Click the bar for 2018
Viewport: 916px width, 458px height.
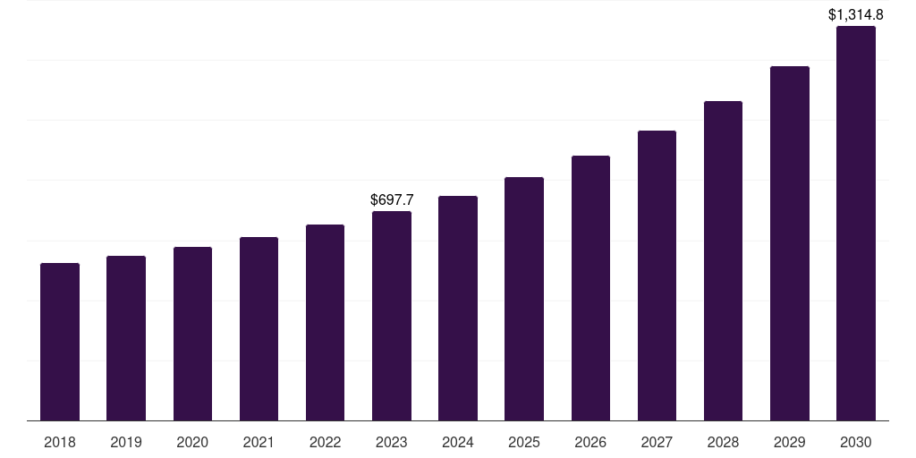pos(60,342)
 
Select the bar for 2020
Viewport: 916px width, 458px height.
pos(192,334)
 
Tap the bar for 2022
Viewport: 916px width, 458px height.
pos(325,322)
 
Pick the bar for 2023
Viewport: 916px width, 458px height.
pos(392,316)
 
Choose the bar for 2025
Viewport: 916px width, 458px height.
pos(524,299)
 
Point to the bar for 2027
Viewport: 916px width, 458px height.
pos(657,276)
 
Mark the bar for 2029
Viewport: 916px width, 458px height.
pos(790,243)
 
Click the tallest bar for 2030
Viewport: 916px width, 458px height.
pos(856,224)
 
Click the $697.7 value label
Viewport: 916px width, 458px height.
pos(392,199)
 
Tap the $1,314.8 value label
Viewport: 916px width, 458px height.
pos(856,14)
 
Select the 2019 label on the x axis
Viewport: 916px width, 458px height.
pos(126,442)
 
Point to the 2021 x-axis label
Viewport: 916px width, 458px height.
pos(259,442)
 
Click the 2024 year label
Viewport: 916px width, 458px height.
pos(458,442)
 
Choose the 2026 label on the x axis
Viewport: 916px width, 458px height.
pos(590,442)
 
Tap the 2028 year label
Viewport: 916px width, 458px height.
pos(723,442)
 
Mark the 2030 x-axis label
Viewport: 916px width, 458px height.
pos(856,442)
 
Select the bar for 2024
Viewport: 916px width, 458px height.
pos(458,308)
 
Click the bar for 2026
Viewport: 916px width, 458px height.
pos(590,288)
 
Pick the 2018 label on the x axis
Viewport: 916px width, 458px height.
pos(60,442)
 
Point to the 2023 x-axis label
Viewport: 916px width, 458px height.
pos(392,442)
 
